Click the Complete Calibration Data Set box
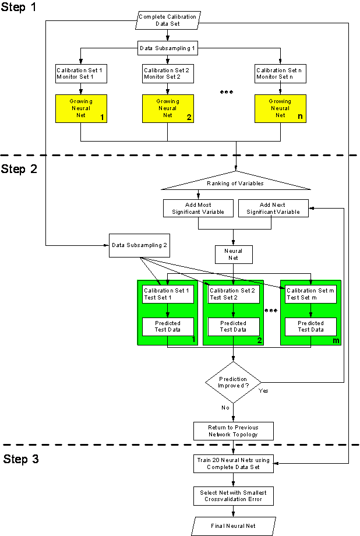[168, 20]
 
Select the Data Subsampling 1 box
[167, 48]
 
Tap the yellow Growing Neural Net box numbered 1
[82, 108]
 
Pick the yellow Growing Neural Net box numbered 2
[168, 108]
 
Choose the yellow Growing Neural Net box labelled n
[280, 108]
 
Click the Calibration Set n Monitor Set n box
[280, 74]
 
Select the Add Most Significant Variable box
[198, 209]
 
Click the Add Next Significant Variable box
[273, 209]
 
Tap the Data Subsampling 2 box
[140, 245]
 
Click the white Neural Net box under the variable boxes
[233, 255]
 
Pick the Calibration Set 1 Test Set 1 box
[168, 294]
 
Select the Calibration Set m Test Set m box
[310, 294]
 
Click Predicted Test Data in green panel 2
[233, 326]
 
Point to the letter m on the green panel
[336, 340]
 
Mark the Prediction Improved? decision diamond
[233, 383]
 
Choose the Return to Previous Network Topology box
[233, 431]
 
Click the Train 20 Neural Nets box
[233, 464]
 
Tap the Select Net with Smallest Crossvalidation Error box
[233, 496]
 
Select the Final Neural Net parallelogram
[233, 526]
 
